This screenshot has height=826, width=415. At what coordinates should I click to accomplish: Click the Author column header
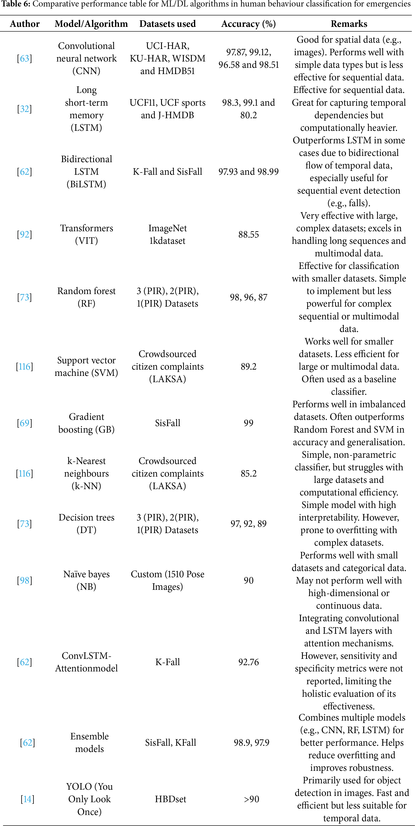[25, 24]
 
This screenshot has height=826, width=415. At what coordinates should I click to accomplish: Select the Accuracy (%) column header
[248, 24]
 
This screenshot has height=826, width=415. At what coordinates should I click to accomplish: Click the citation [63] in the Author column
[24, 58]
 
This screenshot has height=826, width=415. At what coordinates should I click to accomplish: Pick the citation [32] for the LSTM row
[24, 109]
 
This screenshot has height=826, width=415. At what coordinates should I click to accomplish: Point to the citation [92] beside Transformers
[24, 234]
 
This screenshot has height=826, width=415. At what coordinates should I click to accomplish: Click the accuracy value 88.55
[248, 234]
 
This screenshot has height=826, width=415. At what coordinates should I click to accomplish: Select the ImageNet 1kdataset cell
[167, 234]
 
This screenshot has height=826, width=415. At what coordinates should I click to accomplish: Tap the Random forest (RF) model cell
[86, 297]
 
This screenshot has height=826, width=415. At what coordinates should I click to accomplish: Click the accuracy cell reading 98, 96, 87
[248, 297]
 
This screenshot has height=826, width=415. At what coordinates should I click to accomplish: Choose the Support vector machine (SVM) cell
[86, 367]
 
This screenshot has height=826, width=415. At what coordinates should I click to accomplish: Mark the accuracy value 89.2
[248, 367]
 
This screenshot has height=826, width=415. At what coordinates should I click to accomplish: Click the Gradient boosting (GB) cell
[86, 423]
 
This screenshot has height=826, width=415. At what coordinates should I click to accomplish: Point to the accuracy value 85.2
[248, 473]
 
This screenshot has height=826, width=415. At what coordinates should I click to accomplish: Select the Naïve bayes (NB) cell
[86, 580]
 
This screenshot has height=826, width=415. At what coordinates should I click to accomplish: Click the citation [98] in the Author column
[24, 580]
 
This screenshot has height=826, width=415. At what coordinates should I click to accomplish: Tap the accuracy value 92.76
[248, 662]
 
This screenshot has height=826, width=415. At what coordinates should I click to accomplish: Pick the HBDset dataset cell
[170, 799]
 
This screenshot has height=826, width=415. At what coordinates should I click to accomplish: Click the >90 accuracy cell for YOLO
[251, 799]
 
